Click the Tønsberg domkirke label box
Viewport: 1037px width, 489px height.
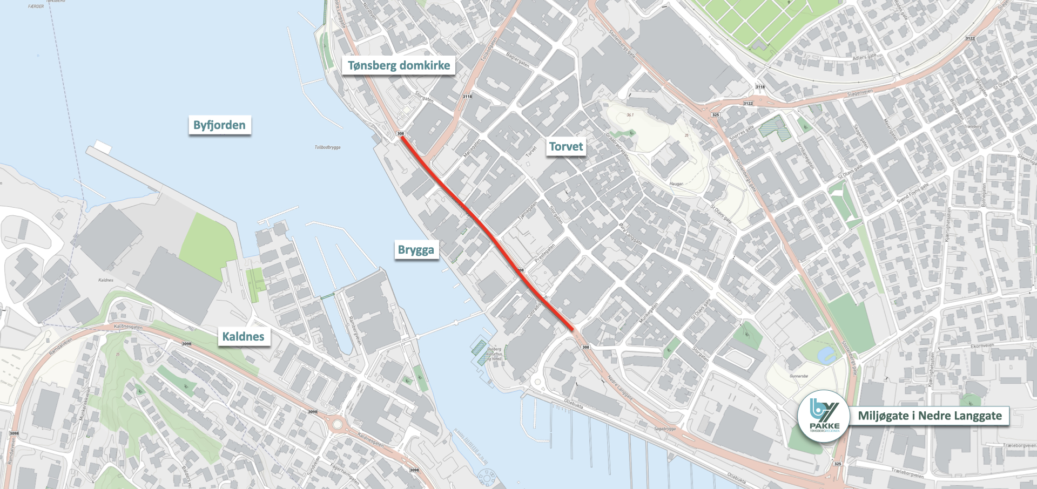coord(399,66)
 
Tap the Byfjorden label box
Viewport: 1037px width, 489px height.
coord(219,125)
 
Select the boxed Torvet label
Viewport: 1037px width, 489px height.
coord(566,147)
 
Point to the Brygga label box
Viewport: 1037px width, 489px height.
coord(416,250)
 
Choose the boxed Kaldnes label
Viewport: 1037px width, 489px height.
coord(243,337)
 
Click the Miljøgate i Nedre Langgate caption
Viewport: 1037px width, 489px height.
coord(930,416)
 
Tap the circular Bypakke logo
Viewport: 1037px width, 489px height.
coord(824,416)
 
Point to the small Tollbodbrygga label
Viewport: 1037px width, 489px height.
coord(327,147)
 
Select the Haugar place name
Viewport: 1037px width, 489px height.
coord(676,184)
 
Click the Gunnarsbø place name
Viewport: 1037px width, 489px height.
coord(799,376)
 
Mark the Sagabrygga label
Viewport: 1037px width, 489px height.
coord(665,429)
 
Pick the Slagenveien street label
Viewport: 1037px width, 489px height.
coord(860,93)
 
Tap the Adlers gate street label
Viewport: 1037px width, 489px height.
coord(864,57)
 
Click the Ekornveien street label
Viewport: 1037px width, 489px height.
coord(982,345)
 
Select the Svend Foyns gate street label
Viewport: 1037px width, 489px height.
coord(913,193)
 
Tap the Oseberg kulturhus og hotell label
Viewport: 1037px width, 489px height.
coord(494,354)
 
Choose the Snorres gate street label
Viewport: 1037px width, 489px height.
coord(742,133)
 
